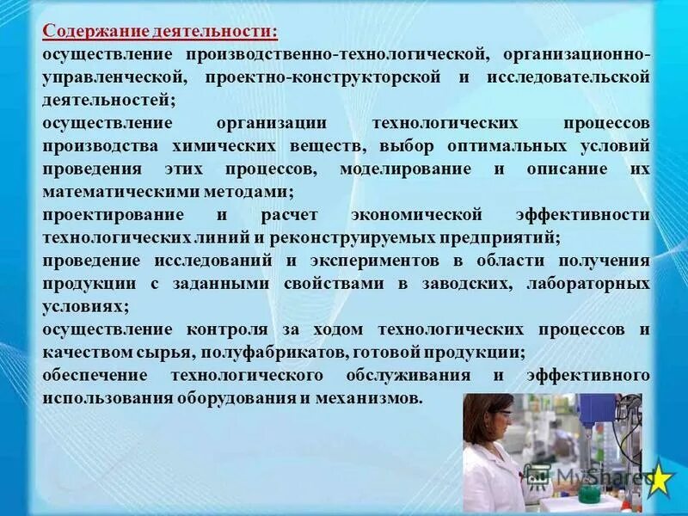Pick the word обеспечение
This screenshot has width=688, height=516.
click(x=97, y=376)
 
